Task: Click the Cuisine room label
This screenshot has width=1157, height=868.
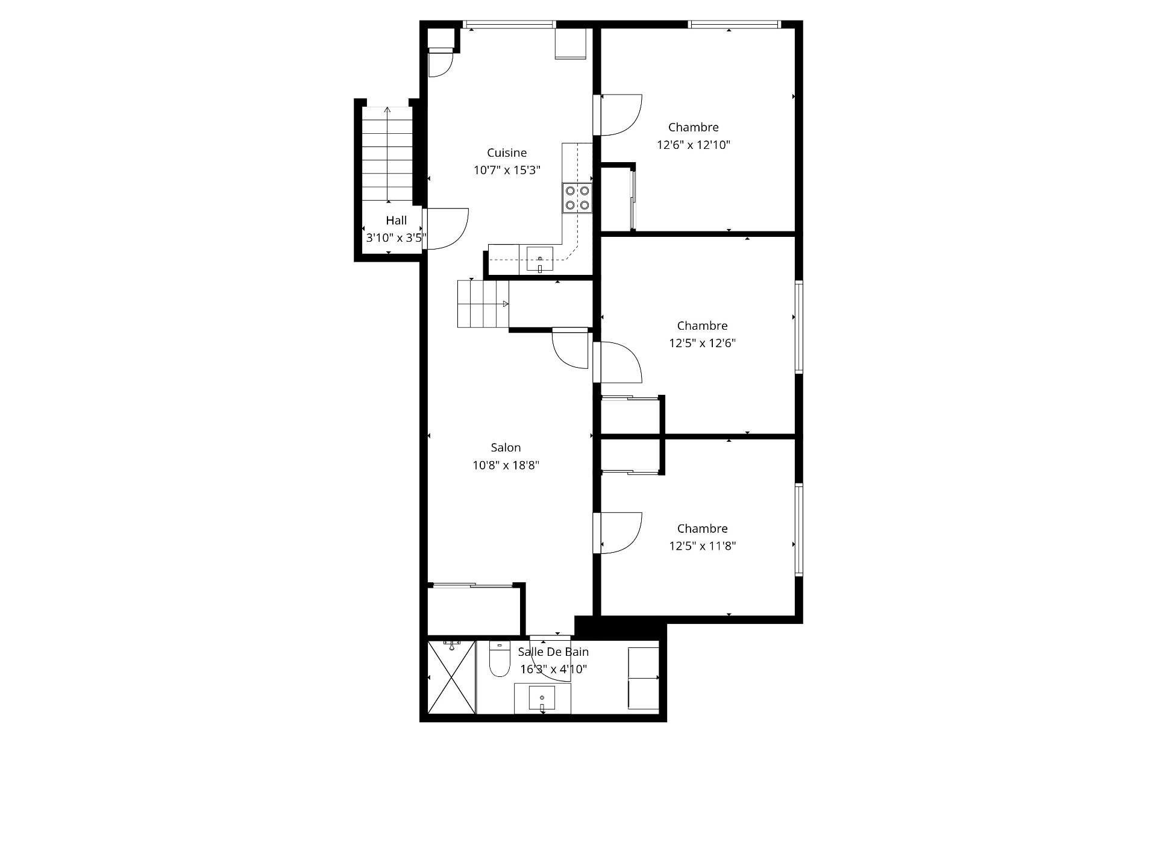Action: tap(507, 153)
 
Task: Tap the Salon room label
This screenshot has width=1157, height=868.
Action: tap(506, 448)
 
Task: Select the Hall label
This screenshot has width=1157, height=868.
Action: tap(397, 221)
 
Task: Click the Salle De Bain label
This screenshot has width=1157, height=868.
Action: tap(553, 652)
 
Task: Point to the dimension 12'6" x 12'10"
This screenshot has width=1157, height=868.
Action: tap(694, 145)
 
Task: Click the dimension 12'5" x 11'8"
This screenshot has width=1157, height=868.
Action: tap(703, 546)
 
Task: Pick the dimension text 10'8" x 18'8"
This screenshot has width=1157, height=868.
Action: tap(506, 465)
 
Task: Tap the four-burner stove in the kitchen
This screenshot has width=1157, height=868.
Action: tap(577, 198)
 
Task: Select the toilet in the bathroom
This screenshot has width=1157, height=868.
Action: tap(499, 659)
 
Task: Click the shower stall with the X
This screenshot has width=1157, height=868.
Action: tap(451, 677)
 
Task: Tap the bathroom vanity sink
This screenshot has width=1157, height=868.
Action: tap(542, 698)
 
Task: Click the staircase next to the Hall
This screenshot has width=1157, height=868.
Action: tap(387, 154)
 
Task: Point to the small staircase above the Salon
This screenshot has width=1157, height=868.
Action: tap(483, 304)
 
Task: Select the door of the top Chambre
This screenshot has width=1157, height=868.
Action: tap(618, 115)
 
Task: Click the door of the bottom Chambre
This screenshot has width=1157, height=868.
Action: tap(618, 533)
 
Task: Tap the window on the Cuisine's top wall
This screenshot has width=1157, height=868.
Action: tap(509, 25)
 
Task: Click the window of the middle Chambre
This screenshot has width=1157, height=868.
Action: tap(799, 327)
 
